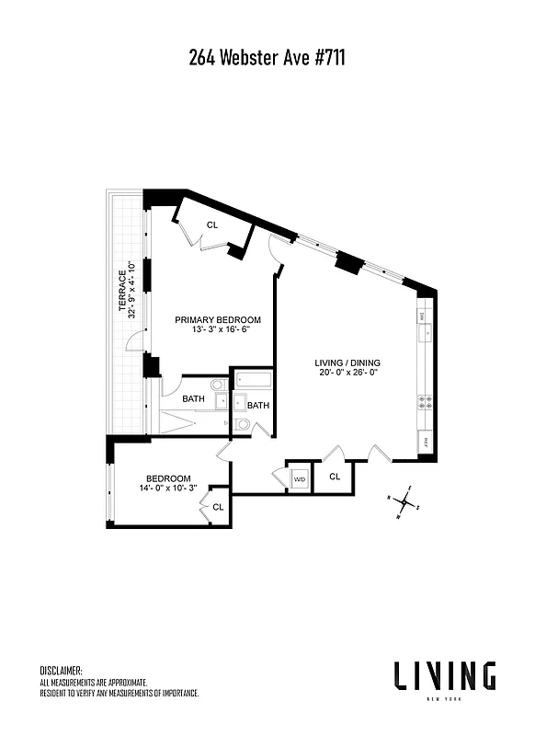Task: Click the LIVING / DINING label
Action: point(347,362)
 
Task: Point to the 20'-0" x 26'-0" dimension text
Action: point(347,374)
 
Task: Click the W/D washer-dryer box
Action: point(300,479)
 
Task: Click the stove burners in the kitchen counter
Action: point(426,401)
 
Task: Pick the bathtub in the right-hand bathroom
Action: point(252,384)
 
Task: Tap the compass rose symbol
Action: point(404,502)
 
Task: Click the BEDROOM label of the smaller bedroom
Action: point(168,478)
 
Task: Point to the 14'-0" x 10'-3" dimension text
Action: point(168,489)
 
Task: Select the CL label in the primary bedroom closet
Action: point(211,224)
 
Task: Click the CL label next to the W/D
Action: point(335,477)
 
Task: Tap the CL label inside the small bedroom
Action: point(218,507)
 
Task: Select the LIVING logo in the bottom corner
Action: point(445,676)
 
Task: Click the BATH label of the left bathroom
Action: point(193,398)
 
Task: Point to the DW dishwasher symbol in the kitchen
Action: point(426,316)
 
